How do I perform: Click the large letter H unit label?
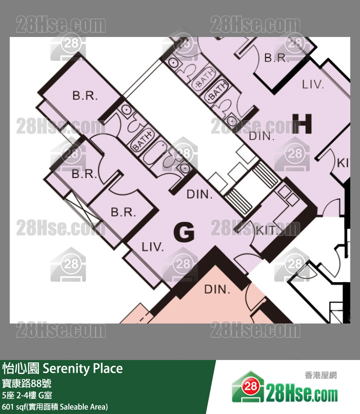(302, 124)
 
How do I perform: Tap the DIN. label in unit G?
(199, 195)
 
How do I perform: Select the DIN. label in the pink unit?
(216, 289)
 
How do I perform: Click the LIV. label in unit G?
(153, 247)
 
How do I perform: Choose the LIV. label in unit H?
(313, 85)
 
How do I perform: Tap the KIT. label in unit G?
(266, 230)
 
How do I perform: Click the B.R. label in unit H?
(277, 58)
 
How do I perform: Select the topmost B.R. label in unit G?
(85, 96)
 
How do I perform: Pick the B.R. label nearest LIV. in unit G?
(123, 213)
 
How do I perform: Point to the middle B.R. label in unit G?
(84, 174)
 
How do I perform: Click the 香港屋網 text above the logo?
(320, 375)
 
